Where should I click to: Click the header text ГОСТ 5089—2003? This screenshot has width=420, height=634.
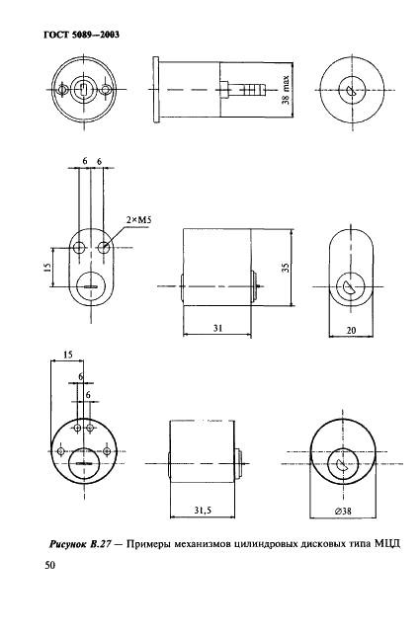(81, 35)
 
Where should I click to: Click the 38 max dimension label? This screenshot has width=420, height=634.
(286, 90)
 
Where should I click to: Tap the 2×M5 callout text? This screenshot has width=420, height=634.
(135, 220)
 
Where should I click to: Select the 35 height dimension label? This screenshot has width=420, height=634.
(286, 268)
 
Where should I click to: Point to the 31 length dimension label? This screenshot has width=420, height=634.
(217, 328)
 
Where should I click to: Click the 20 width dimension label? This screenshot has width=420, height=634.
(351, 331)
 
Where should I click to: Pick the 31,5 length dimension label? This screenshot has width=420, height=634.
(203, 511)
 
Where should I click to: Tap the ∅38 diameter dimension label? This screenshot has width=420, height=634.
(343, 512)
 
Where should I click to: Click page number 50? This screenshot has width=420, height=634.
(49, 565)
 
